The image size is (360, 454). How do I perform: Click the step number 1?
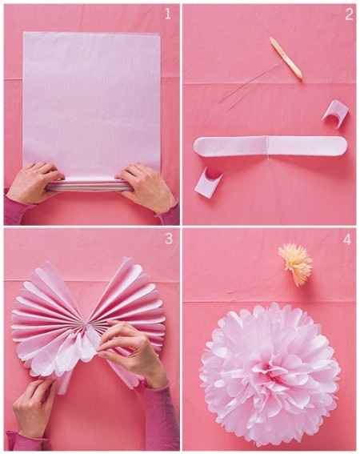[166, 14]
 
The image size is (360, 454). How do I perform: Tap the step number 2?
[348, 14]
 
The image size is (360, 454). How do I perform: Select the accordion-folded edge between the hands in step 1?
[88, 184]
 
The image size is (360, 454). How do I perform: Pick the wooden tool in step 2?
[286, 58]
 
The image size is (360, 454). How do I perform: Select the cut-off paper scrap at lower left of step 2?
[208, 180]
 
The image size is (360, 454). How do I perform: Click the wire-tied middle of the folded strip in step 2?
[266, 147]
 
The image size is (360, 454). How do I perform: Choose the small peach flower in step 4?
[294, 263]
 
